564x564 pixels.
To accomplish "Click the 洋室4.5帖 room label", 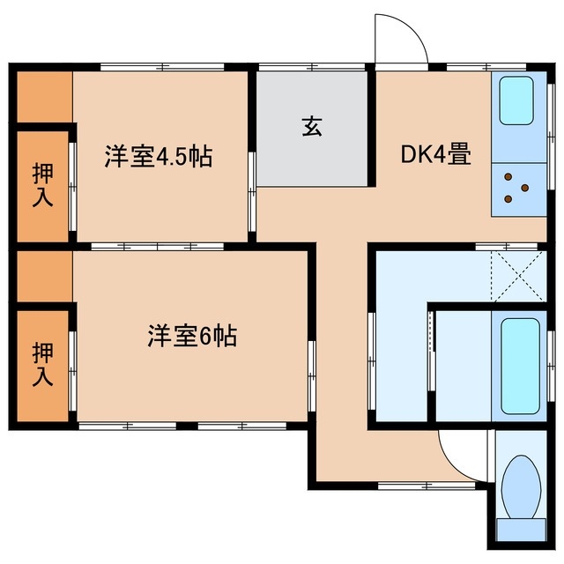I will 159,158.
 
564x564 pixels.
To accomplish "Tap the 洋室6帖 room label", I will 191,336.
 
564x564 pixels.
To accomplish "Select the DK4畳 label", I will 435,155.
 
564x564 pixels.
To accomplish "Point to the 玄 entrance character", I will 312,126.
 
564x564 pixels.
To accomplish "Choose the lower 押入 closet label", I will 42,364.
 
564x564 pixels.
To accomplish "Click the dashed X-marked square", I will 515,276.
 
